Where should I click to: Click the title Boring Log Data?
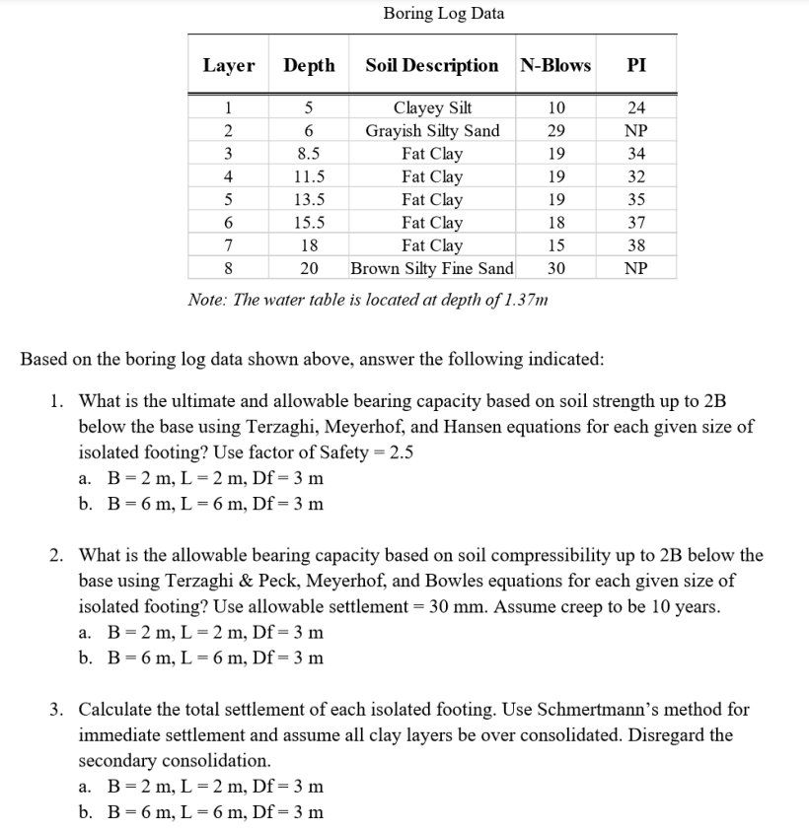tap(443, 14)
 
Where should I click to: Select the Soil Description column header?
tap(431, 66)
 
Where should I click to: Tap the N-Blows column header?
tap(554, 66)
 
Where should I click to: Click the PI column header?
tap(636, 66)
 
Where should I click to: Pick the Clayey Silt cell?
tap(432, 108)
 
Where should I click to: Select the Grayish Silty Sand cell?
tap(432, 131)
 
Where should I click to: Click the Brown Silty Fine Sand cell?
tap(432, 268)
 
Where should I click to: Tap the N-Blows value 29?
tap(555, 131)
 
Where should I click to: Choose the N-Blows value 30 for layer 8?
tap(555, 268)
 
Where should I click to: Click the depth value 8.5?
tap(309, 154)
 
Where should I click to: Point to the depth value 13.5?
tap(309, 200)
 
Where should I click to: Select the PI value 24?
tap(636, 108)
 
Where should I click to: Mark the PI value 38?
tap(636, 245)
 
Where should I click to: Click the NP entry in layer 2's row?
tap(636, 131)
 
